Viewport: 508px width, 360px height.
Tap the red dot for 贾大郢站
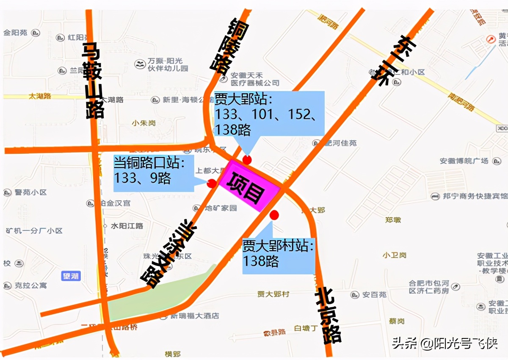click(x=247, y=160)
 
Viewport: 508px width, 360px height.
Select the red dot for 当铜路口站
click(x=211, y=183)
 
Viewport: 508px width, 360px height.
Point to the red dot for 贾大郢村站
click(x=274, y=215)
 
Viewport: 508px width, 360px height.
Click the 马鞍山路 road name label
click(x=93, y=80)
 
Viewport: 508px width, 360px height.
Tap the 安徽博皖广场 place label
click(x=464, y=161)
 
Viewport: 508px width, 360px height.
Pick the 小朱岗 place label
click(x=144, y=123)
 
